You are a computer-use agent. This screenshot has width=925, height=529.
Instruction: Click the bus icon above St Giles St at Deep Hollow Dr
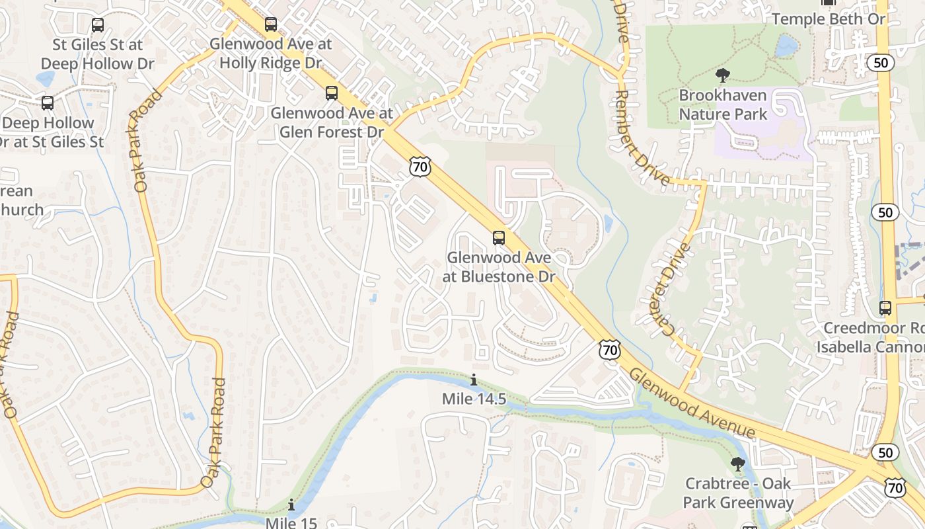coord(98,25)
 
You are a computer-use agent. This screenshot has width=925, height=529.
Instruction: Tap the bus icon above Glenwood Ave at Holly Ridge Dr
coord(271,24)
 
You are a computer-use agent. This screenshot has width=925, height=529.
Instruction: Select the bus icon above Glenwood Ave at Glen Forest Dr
coord(332,93)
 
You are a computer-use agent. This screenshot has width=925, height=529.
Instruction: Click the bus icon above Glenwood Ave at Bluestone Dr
coord(499,237)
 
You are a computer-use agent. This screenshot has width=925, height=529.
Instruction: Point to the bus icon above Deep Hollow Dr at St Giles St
coord(47,103)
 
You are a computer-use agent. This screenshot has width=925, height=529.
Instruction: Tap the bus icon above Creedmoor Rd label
coord(885,307)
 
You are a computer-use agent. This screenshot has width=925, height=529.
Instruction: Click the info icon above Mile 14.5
coord(474,380)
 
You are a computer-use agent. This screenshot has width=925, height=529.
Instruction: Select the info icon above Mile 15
coord(291,505)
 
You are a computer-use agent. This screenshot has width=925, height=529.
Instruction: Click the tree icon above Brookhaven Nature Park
coord(723,75)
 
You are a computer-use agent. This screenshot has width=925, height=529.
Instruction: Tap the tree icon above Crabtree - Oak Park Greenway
coord(738,464)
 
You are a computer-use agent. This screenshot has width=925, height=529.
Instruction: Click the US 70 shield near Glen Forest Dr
coord(420,167)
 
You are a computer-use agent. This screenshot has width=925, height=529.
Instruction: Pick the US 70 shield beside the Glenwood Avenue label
coord(610,350)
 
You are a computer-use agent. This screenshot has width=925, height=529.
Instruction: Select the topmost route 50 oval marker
coord(883,63)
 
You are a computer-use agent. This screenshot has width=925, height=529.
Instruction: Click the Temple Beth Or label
coord(829,19)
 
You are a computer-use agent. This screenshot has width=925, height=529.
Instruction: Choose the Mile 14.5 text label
coord(474,399)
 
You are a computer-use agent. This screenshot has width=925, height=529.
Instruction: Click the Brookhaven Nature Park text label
coord(723,104)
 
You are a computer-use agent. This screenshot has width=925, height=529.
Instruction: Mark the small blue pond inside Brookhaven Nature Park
coord(786,46)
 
